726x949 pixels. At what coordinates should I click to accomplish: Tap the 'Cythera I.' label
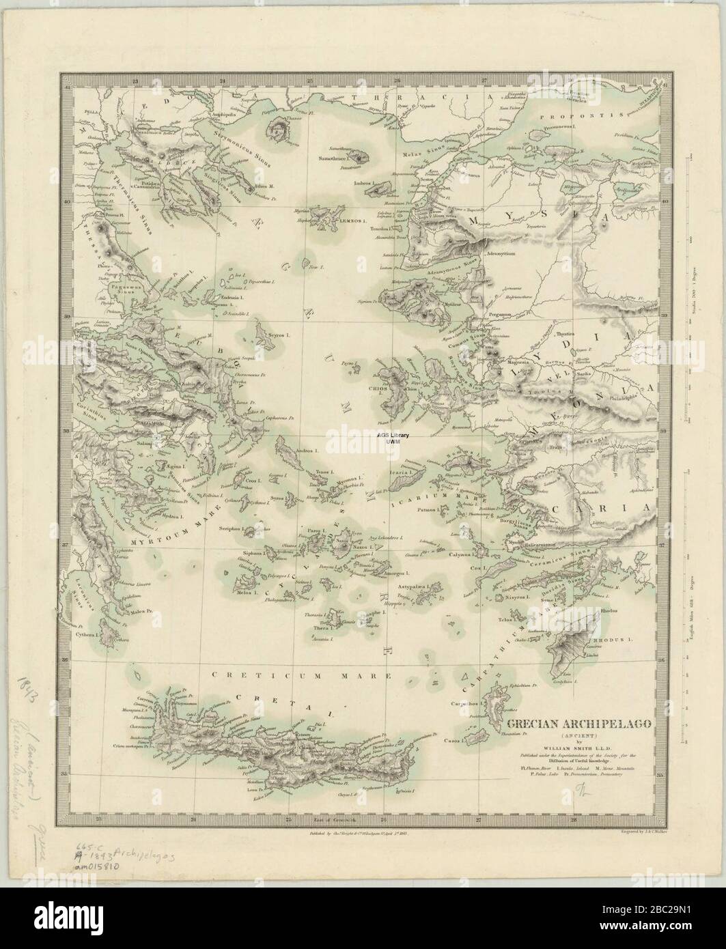coord(88,634)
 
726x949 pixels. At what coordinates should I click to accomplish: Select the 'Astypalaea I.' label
coord(414,586)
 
